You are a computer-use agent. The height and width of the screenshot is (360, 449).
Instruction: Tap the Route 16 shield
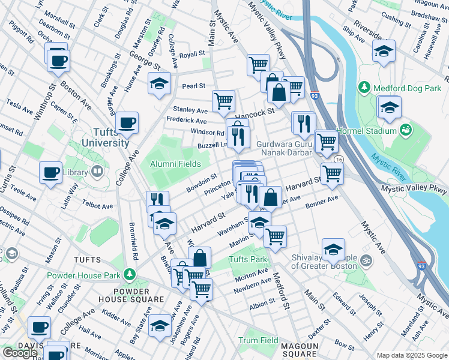tap(339, 159)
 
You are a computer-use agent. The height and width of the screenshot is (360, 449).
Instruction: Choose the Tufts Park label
tap(247, 260)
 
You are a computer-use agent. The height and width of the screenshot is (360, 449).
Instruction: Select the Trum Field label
tap(259, 340)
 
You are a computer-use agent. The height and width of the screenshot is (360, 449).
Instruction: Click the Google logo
tap(20, 352)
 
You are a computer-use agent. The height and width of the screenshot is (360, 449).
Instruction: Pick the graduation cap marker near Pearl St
tap(160, 85)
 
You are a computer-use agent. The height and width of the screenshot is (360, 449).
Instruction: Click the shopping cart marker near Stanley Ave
tap(223, 101)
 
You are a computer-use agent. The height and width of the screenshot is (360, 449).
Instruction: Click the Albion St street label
tap(262, 305)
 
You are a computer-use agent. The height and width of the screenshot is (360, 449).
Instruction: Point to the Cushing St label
tap(396, 21)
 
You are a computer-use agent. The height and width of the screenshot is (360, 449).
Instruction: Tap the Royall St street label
tap(192, 55)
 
